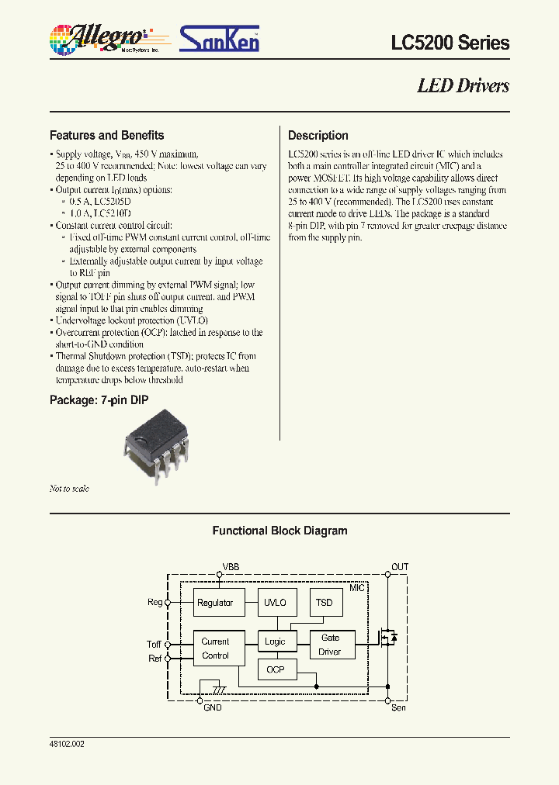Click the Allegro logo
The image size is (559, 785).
click(x=99, y=37)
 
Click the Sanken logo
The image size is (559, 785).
click(x=219, y=38)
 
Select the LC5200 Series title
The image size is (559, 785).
click(x=450, y=43)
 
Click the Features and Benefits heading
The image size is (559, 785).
click(x=106, y=135)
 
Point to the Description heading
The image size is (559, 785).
click(x=318, y=135)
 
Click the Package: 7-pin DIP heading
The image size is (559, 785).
click(x=99, y=400)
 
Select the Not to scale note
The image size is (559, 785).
click(x=69, y=489)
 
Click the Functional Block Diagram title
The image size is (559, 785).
click(x=279, y=531)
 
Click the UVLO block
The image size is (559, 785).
click(x=275, y=603)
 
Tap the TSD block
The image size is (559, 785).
click(x=324, y=603)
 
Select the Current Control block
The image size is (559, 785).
click(x=215, y=648)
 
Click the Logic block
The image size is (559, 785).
click(x=275, y=641)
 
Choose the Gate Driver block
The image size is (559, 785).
click(x=329, y=645)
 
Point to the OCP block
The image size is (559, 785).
click(x=275, y=669)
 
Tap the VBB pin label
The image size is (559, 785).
click(x=231, y=568)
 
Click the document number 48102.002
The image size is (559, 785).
click(x=67, y=744)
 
